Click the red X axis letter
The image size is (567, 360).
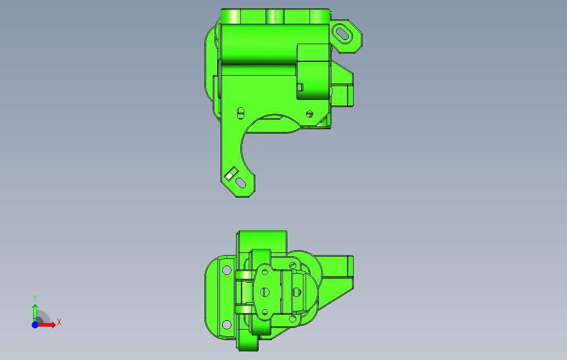tap(59, 322)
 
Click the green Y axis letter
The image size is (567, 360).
tap(35, 298)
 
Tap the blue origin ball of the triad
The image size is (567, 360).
tap(35, 325)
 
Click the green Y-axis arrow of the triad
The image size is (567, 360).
tap(35, 313)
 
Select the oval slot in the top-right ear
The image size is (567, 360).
tap(343, 34)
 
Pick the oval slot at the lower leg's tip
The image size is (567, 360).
tap(240, 183)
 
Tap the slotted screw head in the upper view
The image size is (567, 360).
tap(309, 114)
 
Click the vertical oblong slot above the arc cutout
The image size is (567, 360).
tap(240, 113)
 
